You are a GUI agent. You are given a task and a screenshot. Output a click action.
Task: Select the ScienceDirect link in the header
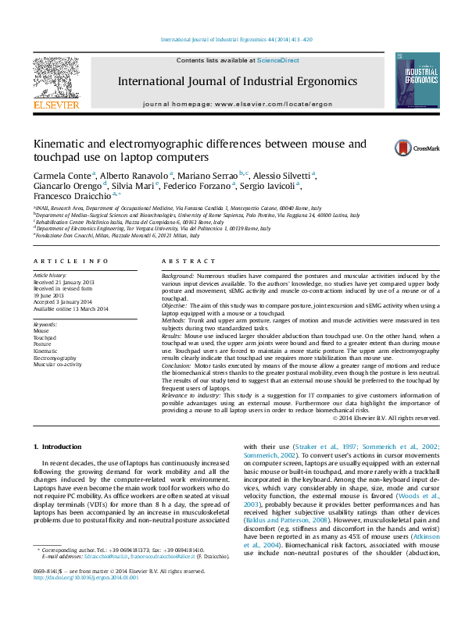278,60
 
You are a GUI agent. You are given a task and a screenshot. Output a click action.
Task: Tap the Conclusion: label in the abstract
178,365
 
